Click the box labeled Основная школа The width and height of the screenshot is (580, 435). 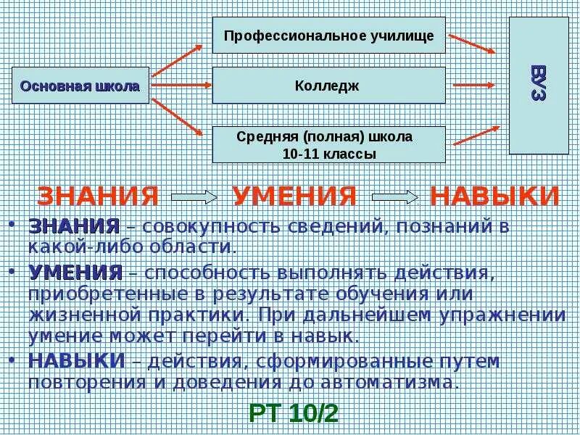pos(80,86)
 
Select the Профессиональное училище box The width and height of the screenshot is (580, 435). pos(328,36)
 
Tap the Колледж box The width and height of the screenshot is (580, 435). pos(328,86)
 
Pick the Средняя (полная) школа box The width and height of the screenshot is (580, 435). pos(328,144)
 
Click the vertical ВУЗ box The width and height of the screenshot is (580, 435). pos(538,86)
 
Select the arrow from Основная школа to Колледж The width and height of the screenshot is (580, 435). pos(181,86)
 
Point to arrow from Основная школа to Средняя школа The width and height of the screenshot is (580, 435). pos(178,116)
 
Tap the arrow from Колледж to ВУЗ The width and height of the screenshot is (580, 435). pos(474,86)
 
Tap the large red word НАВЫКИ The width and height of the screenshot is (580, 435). pos(494,196)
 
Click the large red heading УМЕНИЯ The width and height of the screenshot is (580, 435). pos(294,196)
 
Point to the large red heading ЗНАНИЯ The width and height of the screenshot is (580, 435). pos(98,196)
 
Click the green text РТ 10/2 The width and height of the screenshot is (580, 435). pos(293,413)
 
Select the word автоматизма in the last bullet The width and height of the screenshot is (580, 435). pos(397,381)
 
